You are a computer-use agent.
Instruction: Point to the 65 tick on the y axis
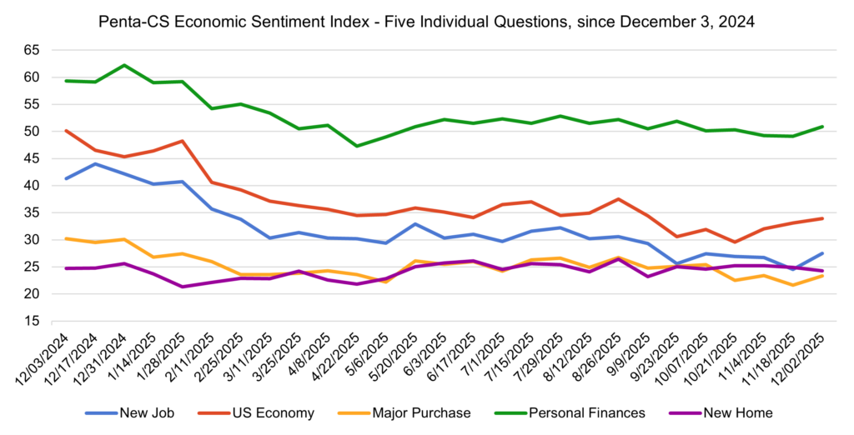pyautogui.click(x=32, y=50)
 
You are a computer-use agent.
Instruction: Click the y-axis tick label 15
pyautogui.click(x=32, y=321)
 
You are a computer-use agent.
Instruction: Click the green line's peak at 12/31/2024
pyautogui.click(x=124, y=65)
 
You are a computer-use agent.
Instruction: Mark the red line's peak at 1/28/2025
pyautogui.click(x=182, y=141)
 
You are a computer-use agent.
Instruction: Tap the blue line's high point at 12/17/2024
pyautogui.click(x=95, y=163)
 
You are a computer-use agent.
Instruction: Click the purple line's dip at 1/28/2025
pyautogui.click(x=182, y=287)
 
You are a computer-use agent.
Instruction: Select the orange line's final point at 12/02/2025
pyautogui.click(x=822, y=276)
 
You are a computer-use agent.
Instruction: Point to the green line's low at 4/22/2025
pyautogui.click(x=357, y=146)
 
